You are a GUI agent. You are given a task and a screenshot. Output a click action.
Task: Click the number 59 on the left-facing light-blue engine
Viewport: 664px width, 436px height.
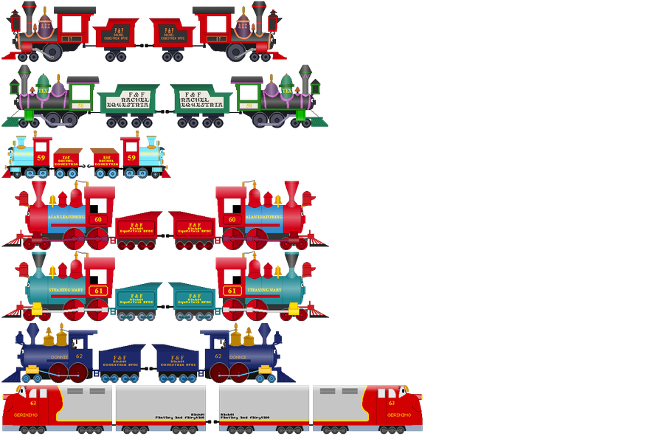[41, 158]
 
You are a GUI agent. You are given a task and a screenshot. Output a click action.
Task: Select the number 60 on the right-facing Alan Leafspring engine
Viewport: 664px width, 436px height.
[232, 219]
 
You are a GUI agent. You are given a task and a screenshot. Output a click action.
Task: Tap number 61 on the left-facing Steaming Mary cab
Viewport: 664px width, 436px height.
[98, 291]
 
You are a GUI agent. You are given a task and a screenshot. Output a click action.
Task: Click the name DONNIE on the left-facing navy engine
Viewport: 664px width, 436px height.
[59, 356]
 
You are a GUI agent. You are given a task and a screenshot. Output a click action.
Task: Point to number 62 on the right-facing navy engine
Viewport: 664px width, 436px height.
[218, 356]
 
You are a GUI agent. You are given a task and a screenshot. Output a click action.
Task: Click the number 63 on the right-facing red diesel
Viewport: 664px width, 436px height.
[391, 403]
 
